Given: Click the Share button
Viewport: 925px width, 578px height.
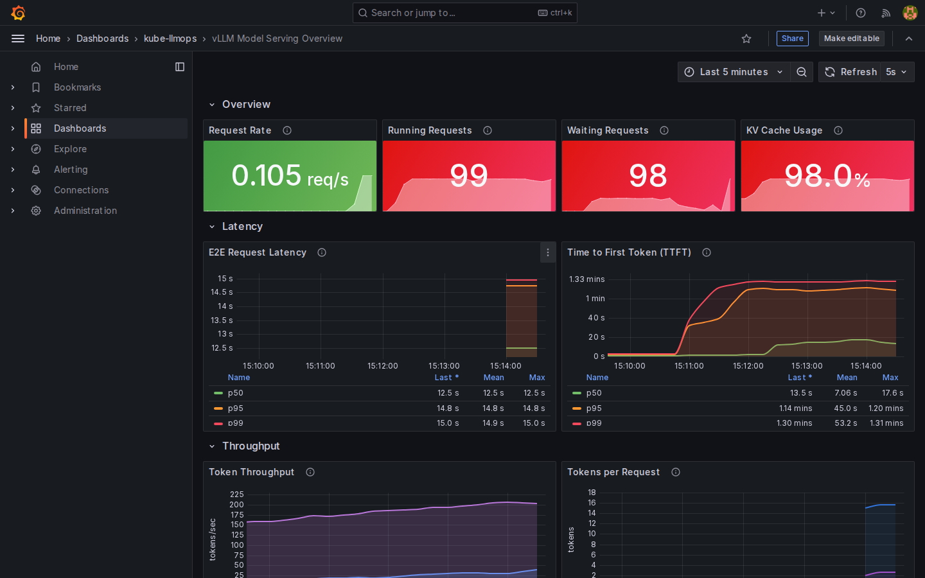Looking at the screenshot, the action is pyautogui.click(x=792, y=39).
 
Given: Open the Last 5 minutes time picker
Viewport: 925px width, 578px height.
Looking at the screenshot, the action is pyautogui.click(x=734, y=72).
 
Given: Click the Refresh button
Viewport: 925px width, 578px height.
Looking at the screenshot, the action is pyautogui.click(x=850, y=72).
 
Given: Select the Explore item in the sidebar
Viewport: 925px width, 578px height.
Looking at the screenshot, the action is pyautogui.click(x=70, y=149).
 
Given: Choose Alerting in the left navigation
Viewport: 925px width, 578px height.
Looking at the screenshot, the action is pyautogui.click(x=71, y=170).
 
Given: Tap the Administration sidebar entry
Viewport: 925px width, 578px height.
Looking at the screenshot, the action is pyautogui.click(x=85, y=211).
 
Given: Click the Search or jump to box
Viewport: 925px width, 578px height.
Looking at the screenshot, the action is pyautogui.click(x=464, y=13).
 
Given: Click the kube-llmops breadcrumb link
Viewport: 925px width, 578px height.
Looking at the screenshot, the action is pyautogui.click(x=170, y=39).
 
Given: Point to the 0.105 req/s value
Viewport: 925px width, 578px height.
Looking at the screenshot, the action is pyautogui.click(x=290, y=176).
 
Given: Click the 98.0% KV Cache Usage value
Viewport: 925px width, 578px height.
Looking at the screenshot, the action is pyautogui.click(x=827, y=176).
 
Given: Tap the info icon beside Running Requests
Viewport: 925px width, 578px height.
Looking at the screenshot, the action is pyautogui.click(x=488, y=130).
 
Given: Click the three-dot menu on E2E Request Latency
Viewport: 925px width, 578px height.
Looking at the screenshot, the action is pyautogui.click(x=547, y=252).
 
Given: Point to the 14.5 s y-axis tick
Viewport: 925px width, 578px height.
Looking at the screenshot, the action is pyautogui.click(x=222, y=292).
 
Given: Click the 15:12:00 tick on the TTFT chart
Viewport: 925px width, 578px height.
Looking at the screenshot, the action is pyautogui.click(x=748, y=366).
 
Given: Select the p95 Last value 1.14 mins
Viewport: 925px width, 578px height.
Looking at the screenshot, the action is pyautogui.click(x=795, y=408).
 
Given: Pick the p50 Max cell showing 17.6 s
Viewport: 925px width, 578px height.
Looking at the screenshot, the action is pyautogui.click(x=892, y=393).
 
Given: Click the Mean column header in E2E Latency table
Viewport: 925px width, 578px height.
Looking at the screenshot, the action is pyautogui.click(x=493, y=378).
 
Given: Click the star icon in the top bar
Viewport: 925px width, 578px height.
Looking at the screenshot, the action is pyautogui.click(x=746, y=39).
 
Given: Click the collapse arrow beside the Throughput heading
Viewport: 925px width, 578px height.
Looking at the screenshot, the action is pyautogui.click(x=212, y=446).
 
